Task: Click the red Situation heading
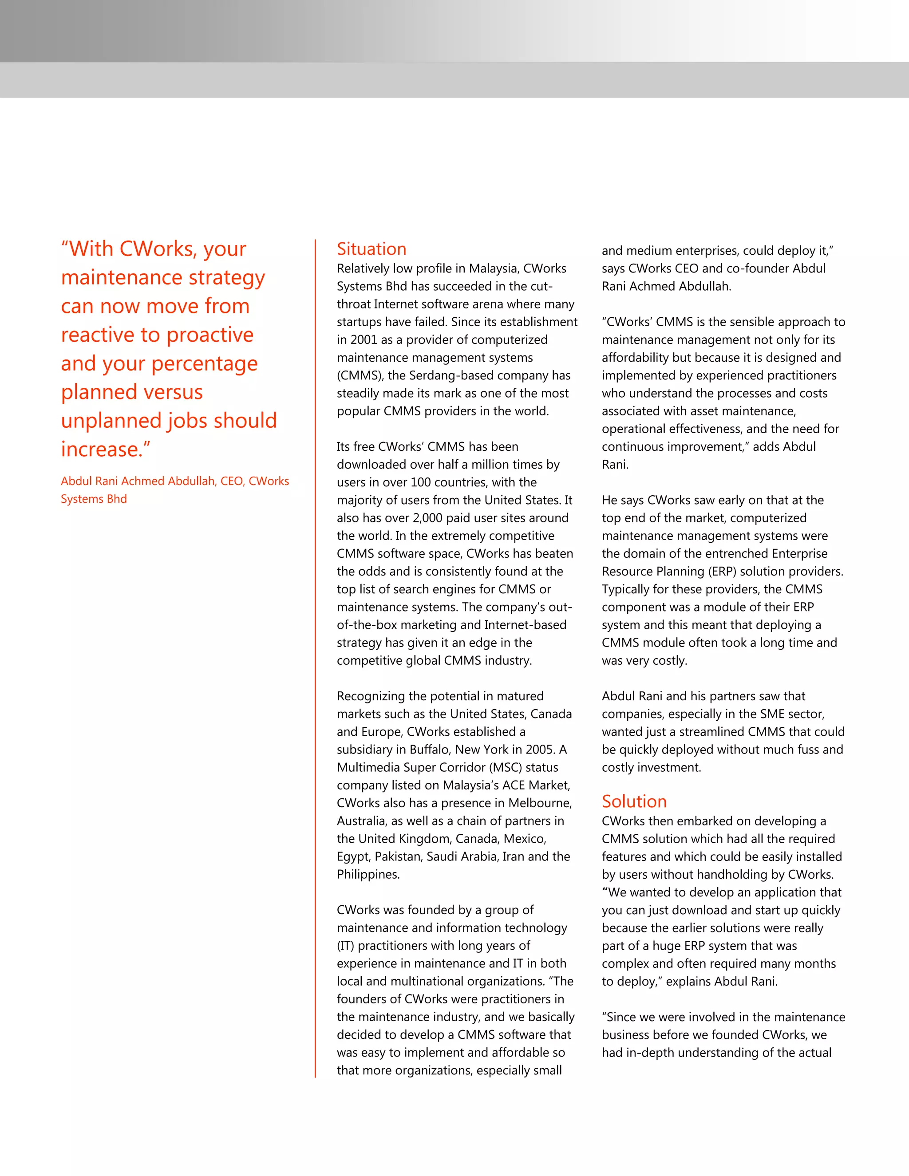click(372, 249)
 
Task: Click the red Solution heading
click(634, 801)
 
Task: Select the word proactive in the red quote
click(210, 335)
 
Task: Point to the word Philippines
click(368, 874)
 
